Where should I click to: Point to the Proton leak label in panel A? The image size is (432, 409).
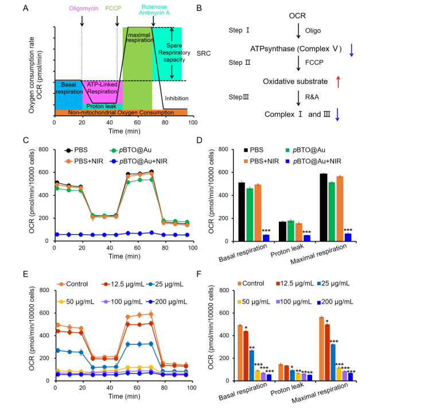102,105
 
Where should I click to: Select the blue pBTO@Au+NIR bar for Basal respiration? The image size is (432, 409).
266,237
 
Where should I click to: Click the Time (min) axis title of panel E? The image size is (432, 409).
124,396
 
